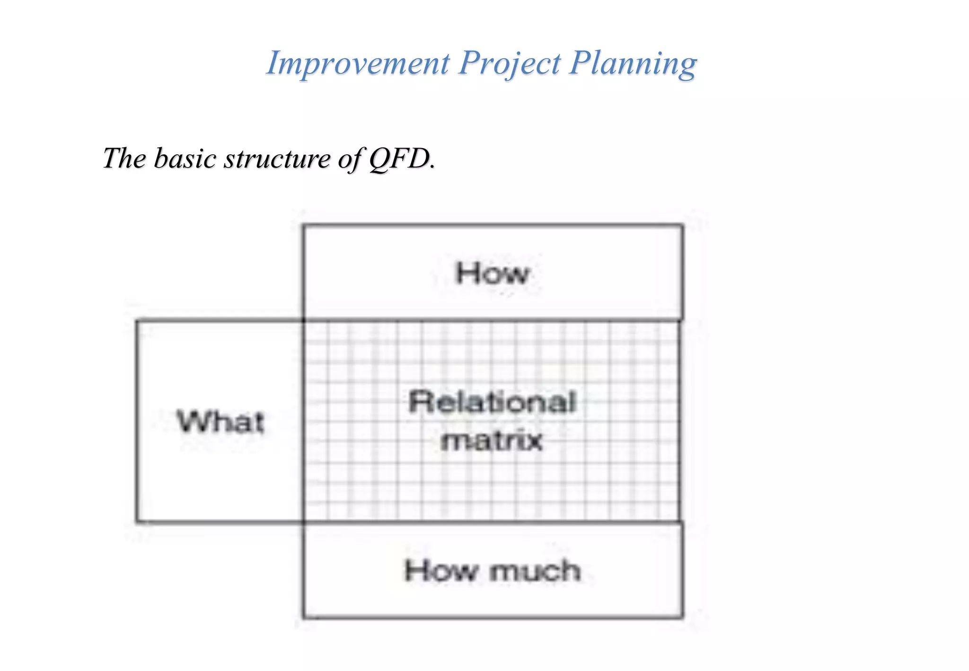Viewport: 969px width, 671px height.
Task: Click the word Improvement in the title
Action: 358,63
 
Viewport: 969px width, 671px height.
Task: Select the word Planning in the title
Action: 633,63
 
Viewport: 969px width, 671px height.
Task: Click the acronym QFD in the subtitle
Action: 400,158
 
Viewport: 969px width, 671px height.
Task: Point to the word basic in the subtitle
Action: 185,158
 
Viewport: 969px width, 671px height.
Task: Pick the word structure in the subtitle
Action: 277,158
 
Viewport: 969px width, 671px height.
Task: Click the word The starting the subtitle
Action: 124,158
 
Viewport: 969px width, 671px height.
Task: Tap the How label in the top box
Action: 492,274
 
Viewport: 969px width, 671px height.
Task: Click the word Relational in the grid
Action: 492,402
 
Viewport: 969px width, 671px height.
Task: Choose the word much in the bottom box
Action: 535,571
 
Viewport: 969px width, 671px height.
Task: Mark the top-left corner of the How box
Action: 304,226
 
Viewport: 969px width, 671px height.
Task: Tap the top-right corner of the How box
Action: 682,226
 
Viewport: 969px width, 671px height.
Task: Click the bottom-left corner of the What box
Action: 137,521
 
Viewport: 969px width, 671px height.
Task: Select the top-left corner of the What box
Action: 137,321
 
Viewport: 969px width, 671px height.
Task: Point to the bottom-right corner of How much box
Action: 682,617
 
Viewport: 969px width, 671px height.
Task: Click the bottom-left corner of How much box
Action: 304,617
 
